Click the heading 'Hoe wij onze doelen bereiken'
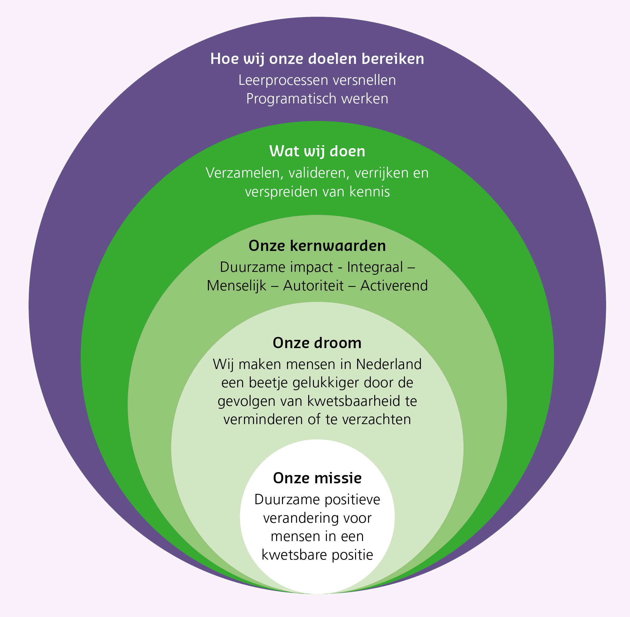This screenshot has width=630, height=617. point(317,59)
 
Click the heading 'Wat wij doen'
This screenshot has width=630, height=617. point(317,151)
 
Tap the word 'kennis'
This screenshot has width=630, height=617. point(369,192)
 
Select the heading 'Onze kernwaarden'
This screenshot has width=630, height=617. point(317,246)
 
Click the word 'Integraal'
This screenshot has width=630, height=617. point(375,267)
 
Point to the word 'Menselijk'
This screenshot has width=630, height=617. point(236,286)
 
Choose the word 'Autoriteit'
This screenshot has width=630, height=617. point(313,286)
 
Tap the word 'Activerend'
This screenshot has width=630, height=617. point(394,286)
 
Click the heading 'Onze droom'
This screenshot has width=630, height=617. point(317,343)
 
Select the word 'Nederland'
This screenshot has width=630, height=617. point(388,365)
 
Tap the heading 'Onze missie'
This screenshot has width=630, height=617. point(317,478)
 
